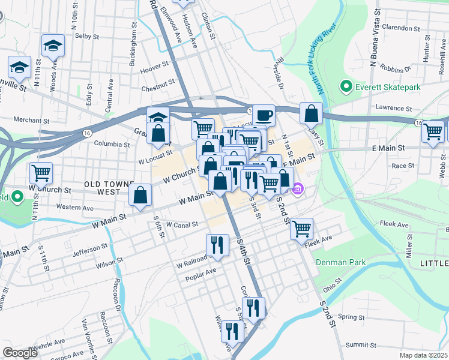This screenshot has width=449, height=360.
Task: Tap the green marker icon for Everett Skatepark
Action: (x=346, y=88)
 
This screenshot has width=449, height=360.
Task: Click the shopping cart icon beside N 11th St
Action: (x=41, y=173)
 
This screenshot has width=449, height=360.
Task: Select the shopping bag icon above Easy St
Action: (x=312, y=112)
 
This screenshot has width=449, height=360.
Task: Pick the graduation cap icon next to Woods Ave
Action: (x=53, y=45)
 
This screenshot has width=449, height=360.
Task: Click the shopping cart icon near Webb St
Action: (x=432, y=131)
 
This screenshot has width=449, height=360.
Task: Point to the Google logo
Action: (x=20, y=353)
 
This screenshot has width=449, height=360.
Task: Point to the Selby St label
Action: (x=87, y=36)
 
